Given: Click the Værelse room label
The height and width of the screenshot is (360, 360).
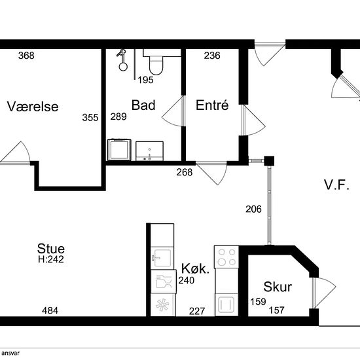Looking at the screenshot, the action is tap(33, 107).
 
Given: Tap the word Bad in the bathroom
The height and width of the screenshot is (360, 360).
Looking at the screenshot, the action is tap(143, 105).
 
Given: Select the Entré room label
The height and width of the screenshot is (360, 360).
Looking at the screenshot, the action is tap(212, 105).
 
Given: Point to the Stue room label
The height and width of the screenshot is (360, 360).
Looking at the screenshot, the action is tap(51, 249).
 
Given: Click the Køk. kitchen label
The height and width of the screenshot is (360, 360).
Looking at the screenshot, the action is tap(196, 268).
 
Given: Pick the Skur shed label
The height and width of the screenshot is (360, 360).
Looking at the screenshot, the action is tap(278, 287).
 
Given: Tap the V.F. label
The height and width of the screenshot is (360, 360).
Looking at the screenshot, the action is tap(336, 185).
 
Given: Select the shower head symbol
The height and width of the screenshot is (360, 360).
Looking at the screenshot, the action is tap(122, 60).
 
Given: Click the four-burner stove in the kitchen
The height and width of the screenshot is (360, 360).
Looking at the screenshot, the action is tap(226, 257).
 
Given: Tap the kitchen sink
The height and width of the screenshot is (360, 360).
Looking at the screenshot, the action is tap(162, 258).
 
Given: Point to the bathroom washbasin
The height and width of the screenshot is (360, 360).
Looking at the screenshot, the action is tap(149, 151).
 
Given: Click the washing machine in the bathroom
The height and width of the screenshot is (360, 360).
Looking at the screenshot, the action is tap(119, 150).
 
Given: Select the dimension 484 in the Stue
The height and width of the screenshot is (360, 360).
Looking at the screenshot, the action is tap(50, 311).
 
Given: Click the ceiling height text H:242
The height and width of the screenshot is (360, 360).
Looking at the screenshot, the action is tap(51, 259).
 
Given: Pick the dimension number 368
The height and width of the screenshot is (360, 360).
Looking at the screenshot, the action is tap(26, 56).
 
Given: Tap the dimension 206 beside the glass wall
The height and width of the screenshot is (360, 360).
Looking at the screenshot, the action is tap(253, 209).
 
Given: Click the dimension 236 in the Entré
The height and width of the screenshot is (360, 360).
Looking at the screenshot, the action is tap(212, 56).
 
